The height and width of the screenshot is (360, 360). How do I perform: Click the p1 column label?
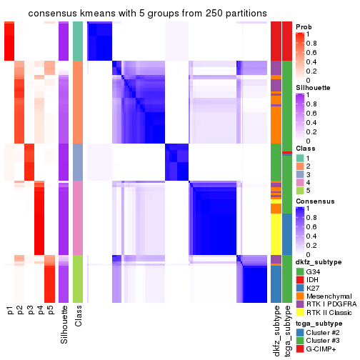(x=10, y=311)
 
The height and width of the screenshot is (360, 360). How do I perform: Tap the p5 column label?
(x=50, y=311)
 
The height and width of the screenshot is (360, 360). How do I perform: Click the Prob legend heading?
(x=303, y=26)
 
